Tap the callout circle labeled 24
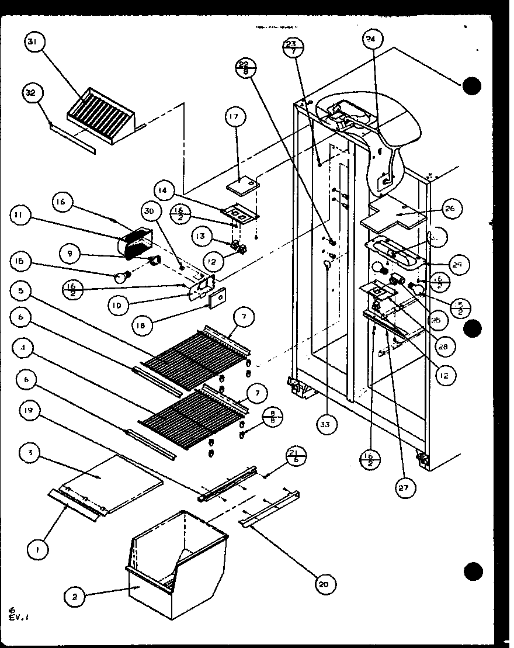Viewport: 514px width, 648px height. [x=370, y=40]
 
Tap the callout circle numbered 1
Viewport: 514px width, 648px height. [x=38, y=549]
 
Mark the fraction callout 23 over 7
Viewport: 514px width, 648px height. [x=293, y=47]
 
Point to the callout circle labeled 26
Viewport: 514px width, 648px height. [x=453, y=208]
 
